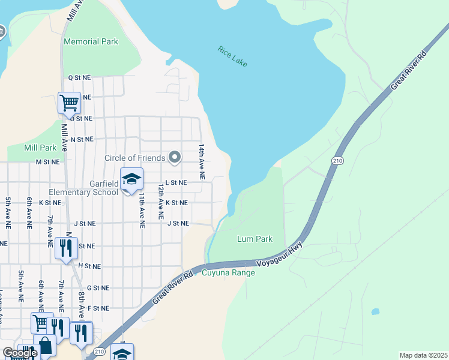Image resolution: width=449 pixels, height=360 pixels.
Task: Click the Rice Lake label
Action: coord(232,56)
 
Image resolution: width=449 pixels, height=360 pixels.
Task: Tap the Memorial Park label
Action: coord(91,42)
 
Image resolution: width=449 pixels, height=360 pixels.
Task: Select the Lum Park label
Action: coord(255,239)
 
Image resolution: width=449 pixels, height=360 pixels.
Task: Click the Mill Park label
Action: coord(40,148)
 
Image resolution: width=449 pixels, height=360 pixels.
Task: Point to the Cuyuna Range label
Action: coord(228,273)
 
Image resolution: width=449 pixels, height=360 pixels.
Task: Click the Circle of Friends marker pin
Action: coord(175,158)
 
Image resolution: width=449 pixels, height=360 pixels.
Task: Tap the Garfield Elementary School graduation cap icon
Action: coord(131,179)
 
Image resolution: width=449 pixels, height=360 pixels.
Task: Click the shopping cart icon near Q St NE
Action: coord(69,103)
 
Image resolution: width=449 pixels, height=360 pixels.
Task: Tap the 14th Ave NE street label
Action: coord(202,161)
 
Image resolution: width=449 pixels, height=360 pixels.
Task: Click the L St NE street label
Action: coord(176,182)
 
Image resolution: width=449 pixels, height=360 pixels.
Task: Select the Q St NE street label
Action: coord(79,77)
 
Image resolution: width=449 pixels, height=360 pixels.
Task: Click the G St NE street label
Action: coord(98,288)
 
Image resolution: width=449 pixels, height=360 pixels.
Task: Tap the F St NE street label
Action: coord(98,308)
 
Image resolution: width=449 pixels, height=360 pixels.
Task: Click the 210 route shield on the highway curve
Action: coord(337,161)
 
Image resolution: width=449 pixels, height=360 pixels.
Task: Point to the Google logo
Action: coord(19,353)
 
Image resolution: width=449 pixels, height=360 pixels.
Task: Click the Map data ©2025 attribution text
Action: coord(424,355)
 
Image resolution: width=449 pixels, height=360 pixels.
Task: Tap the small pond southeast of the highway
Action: coord(375,311)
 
